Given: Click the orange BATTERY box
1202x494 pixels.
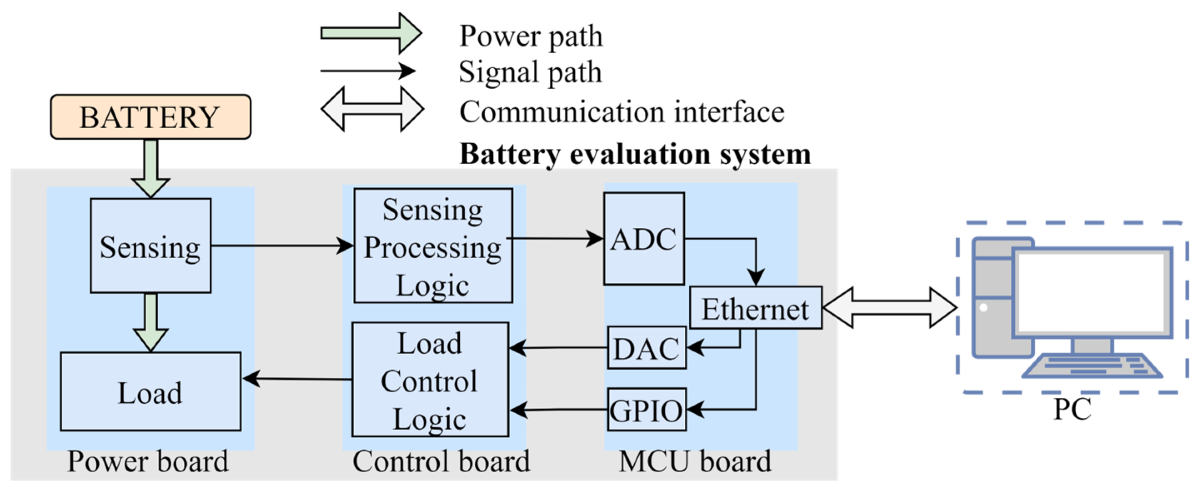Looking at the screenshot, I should point(150,117).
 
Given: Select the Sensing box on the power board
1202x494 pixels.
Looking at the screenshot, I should point(150,246).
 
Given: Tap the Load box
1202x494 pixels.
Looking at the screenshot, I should point(150,392).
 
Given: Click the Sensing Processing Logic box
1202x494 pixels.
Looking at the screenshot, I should point(433,246).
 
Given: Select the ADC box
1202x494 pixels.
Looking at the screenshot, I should point(644,238).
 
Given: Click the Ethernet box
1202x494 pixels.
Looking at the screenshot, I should point(756,308).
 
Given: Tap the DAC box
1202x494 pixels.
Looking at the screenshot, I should point(646,348).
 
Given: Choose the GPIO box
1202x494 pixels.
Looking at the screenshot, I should point(646,409).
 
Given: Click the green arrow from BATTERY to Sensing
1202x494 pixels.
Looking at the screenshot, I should point(150,168).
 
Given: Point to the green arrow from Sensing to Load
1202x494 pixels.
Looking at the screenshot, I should point(150,322).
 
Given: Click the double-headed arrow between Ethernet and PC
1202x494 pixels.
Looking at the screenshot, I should point(889,307).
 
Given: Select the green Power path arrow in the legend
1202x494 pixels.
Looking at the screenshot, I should point(371,34).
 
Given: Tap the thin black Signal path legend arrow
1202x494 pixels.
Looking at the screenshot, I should point(368,71).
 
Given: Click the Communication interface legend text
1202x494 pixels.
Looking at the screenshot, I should point(621,112).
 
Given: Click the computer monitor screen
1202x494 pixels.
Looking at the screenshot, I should point(1092,292).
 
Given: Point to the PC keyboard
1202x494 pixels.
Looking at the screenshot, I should point(1092,366).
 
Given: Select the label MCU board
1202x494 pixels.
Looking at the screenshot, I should point(695,462).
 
